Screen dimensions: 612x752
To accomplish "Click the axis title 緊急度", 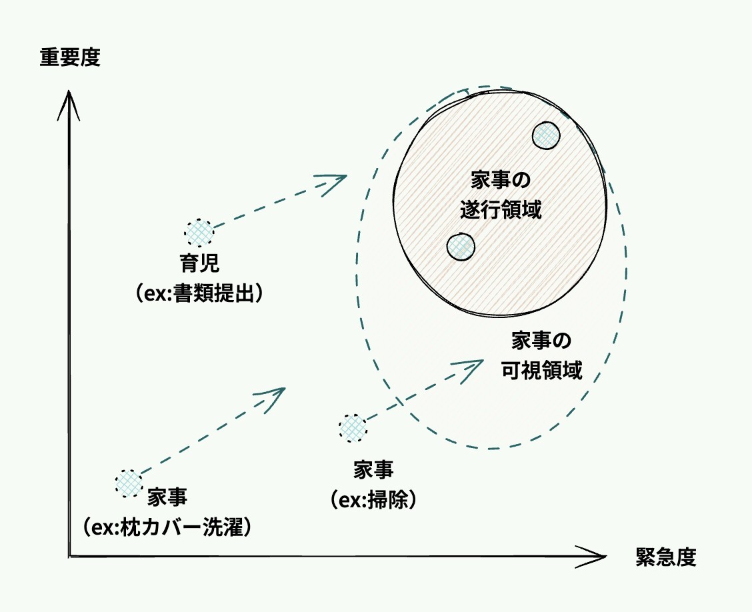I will [665, 557].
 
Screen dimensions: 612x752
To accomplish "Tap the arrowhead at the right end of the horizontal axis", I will [597, 556].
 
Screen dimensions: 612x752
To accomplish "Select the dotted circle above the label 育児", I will [199, 233].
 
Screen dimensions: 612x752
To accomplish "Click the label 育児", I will [199, 265].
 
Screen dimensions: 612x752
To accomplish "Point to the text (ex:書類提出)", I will [198, 293].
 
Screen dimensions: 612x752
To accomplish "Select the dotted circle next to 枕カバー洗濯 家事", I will [129, 483].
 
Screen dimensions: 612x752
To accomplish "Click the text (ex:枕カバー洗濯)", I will [167, 527].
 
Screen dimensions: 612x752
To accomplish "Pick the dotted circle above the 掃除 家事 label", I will [353, 427].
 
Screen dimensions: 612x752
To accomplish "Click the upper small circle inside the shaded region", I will [546, 135].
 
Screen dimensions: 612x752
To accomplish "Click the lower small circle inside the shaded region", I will [460, 247].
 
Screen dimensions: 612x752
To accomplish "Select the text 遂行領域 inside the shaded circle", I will [500, 211].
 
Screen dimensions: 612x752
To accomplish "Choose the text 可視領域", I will [541, 370].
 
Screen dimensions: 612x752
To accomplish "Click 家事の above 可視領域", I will [541, 341].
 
